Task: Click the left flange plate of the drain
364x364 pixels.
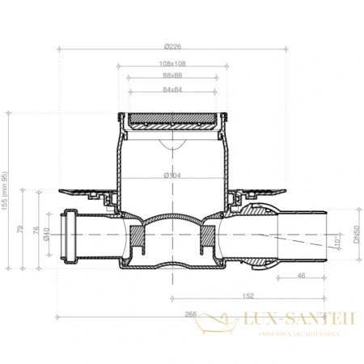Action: click(x=85, y=192)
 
